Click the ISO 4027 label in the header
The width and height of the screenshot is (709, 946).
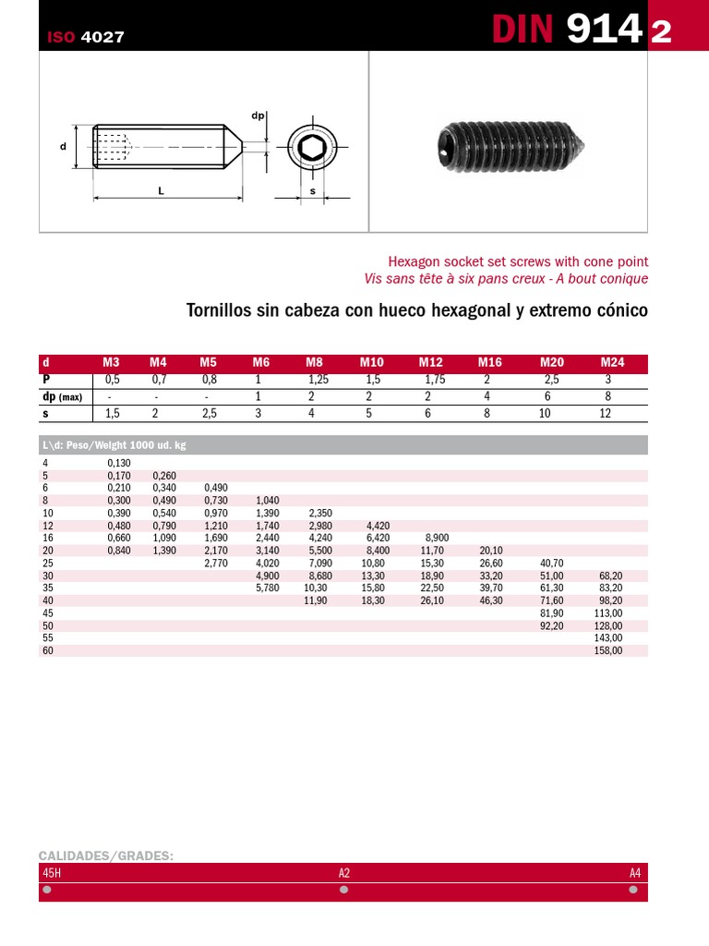pos(85,38)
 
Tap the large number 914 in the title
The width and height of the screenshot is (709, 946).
pos(604,30)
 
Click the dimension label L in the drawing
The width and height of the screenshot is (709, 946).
pos(161,190)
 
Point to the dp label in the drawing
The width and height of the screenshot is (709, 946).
pos(258,115)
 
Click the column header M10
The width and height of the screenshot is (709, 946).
pos(371,363)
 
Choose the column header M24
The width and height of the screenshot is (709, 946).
pos(612,363)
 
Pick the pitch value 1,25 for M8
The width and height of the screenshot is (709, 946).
pos(318,380)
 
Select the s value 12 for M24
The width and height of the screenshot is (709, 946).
pos(606,413)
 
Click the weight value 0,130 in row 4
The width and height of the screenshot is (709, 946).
pos(119,463)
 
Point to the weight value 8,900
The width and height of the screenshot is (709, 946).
pos(437,538)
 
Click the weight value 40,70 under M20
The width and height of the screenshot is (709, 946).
pos(551,563)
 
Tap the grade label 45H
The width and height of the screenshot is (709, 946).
pos(52,873)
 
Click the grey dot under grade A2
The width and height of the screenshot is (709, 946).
pos(344,890)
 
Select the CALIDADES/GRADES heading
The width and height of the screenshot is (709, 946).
pos(106,855)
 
